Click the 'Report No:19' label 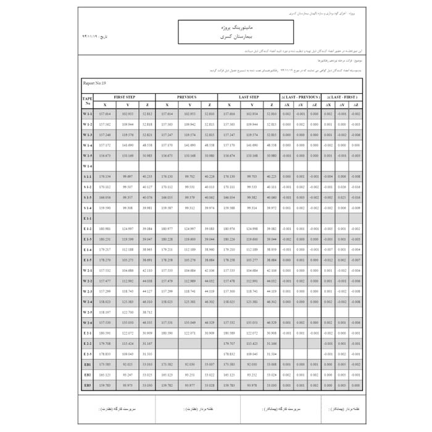(95, 83)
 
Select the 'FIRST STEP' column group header (125, 98)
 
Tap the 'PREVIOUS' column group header (186, 98)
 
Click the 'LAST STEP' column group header (249, 98)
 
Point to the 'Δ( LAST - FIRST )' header (342, 98)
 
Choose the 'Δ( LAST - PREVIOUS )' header (301, 98)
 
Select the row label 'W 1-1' (87, 114)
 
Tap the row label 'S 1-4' (87, 208)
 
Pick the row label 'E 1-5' (87, 260)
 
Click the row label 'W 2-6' (87, 323)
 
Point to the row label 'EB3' (87, 385)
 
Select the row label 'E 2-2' (87, 343)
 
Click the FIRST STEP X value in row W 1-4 (105, 145)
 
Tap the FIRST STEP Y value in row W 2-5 (128, 312)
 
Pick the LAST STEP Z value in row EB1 (272, 364)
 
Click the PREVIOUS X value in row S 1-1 (167, 177)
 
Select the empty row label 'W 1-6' (87, 166)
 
